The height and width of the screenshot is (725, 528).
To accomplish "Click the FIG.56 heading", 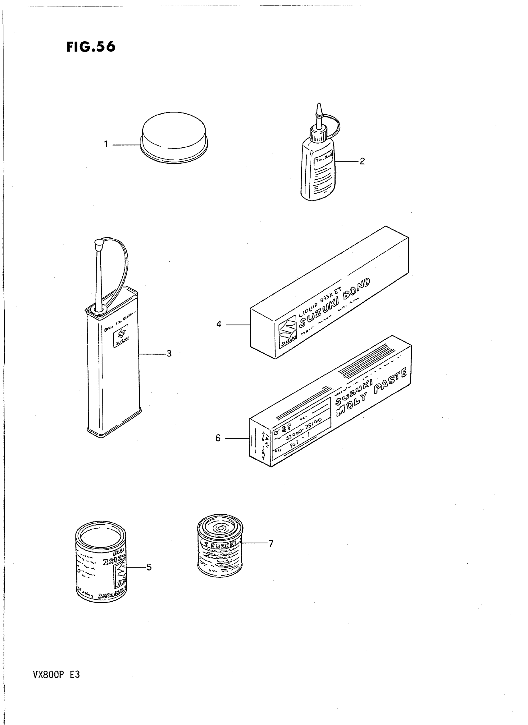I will (91, 47).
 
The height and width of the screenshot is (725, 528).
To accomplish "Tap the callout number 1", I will (106, 144).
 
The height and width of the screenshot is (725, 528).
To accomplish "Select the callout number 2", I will (362, 161).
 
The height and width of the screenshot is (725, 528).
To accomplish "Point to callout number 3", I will (169, 353).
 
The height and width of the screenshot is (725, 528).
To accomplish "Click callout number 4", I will (219, 324).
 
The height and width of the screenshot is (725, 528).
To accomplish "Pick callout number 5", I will (149, 567).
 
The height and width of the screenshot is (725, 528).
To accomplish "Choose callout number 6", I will (218, 438).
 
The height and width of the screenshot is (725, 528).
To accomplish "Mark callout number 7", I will (271, 543).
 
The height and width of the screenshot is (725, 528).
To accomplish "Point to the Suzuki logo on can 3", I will (121, 336).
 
